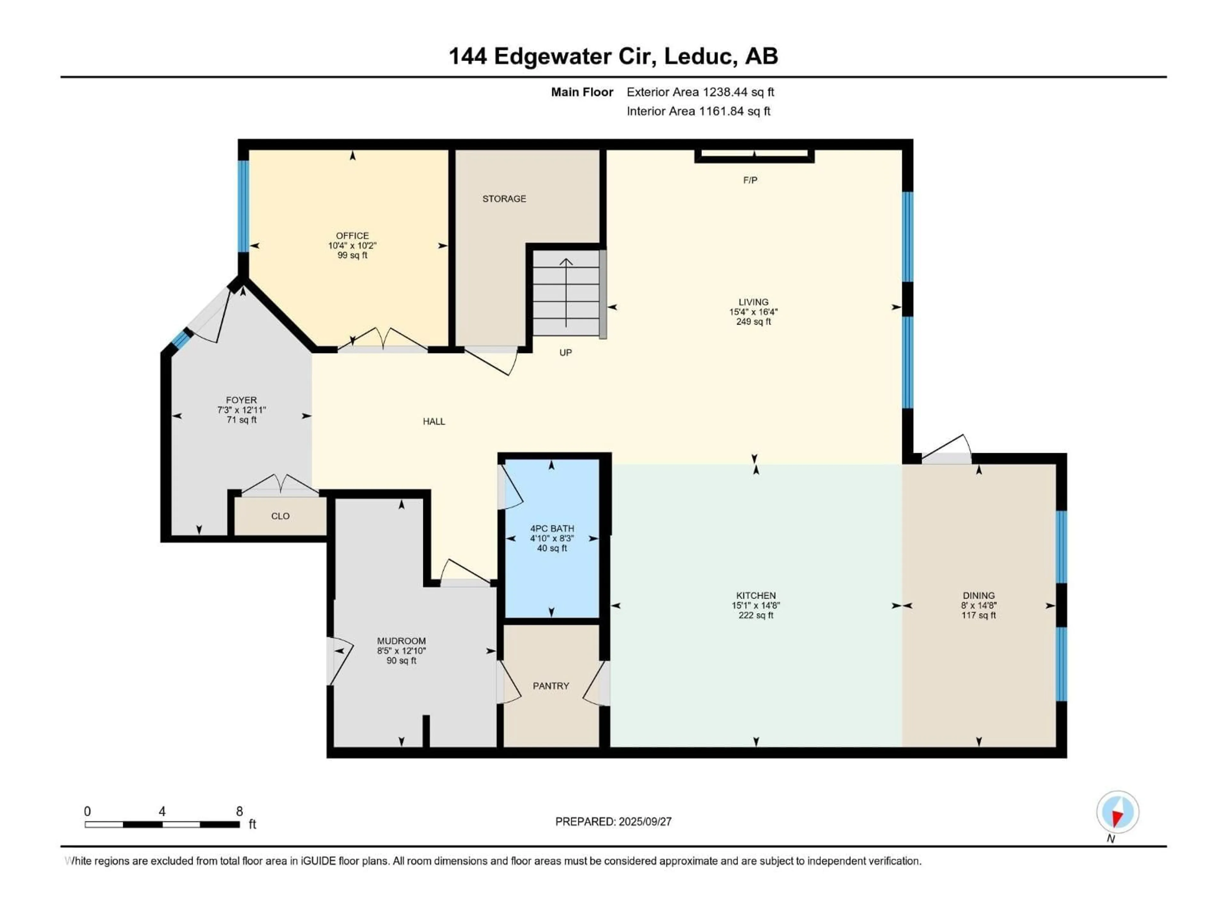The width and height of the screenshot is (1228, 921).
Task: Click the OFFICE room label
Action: tap(352, 235)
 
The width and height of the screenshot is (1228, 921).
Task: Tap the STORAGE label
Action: tap(504, 199)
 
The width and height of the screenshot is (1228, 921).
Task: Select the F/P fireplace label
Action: tap(750, 180)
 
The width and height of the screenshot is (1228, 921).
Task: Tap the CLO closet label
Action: tap(280, 516)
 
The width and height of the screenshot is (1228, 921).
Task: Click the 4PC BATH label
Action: tap(552, 529)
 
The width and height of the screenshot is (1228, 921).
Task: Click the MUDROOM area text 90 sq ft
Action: tap(401, 661)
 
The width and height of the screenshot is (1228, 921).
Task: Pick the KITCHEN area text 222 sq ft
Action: tap(756, 615)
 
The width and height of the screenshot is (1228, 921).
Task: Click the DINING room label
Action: tap(979, 595)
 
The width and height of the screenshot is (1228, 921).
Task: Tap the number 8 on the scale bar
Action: tap(239, 811)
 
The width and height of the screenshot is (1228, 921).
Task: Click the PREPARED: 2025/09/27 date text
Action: tap(613, 822)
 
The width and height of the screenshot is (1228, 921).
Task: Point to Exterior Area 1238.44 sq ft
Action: tap(700, 92)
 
